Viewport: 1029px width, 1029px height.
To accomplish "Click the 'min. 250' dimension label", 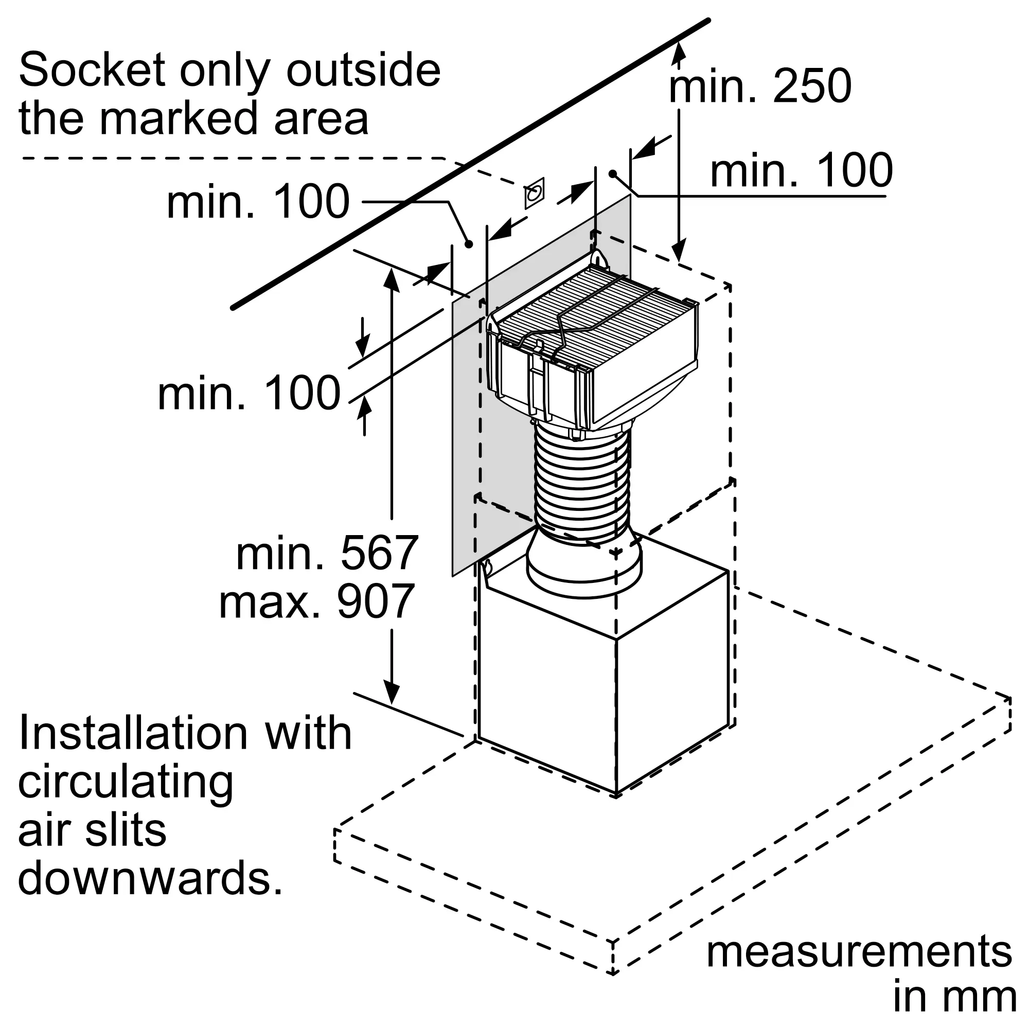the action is tap(760, 86).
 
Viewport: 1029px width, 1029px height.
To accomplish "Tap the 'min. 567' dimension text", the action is tap(327, 554).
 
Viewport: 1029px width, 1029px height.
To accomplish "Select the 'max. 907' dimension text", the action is tap(317, 601).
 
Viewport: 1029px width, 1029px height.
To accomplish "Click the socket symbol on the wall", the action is tap(534, 193).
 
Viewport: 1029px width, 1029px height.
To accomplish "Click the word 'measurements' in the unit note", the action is tap(859, 953).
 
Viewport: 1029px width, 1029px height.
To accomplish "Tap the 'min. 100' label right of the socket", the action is tap(802, 170).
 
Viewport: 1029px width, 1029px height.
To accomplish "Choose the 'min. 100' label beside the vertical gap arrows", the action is tap(249, 393).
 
